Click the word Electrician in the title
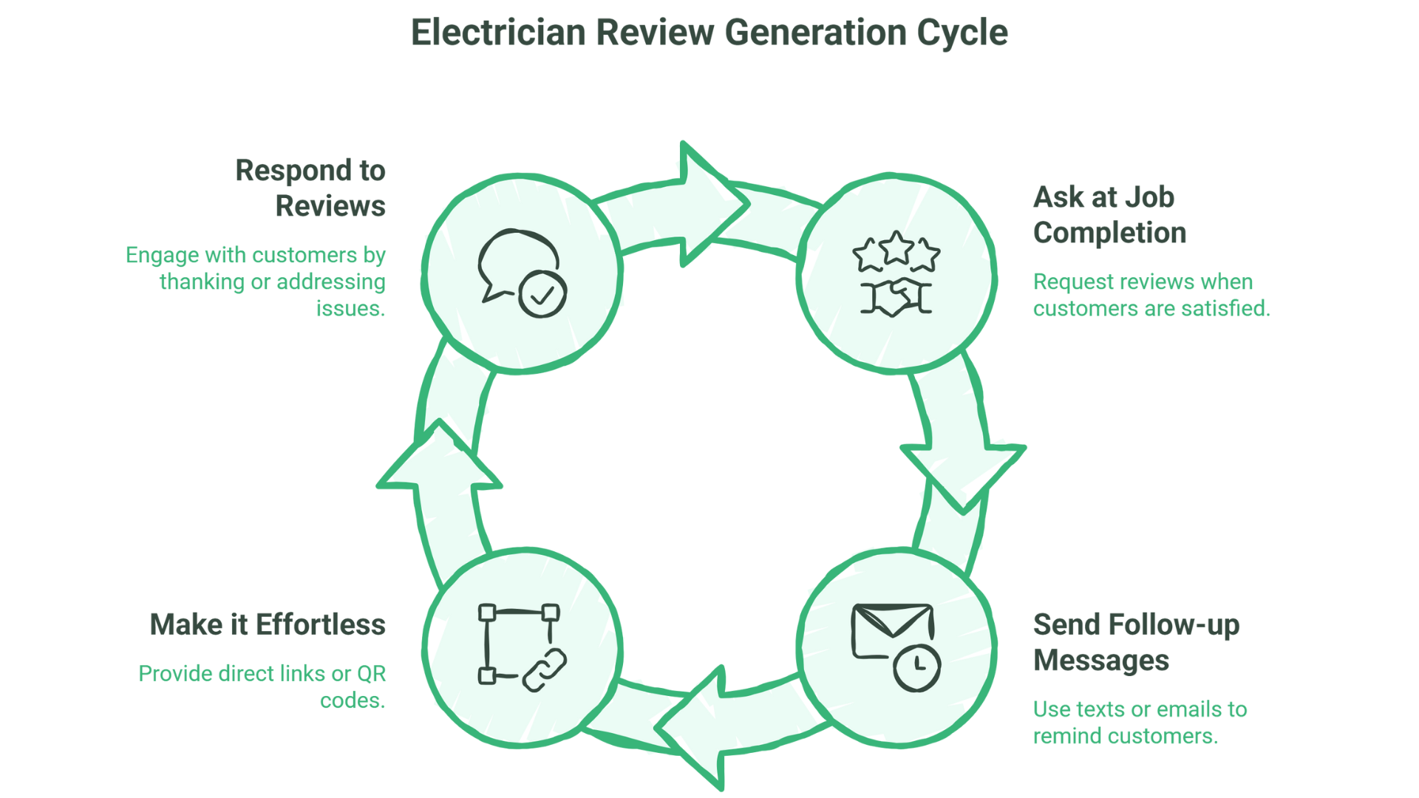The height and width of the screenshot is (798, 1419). (498, 33)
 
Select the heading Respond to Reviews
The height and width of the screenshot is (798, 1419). (310, 188)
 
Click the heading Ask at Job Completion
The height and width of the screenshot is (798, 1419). (1109, 214)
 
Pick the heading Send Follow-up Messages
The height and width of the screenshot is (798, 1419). (1135, 642)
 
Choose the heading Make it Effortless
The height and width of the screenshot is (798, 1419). (268, 624)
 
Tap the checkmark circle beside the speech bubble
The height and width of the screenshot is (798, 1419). (542, 295)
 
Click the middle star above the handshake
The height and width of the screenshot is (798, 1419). (896, 248)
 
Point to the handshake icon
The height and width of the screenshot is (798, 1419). (896, 298)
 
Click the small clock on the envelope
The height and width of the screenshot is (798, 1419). (917, 667)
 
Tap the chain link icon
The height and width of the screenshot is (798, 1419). (545, 669)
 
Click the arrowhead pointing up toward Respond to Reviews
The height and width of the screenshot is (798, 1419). (440, 457)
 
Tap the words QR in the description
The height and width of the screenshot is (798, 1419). (371, 674)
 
